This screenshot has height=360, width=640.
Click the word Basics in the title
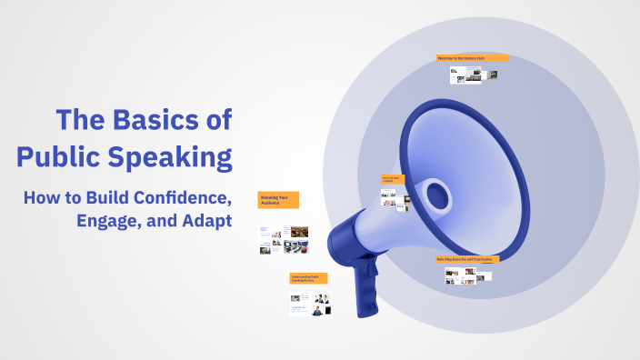tap(151, 120)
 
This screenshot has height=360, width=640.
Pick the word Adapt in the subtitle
tap(205, 222)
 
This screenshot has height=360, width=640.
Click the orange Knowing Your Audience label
tap(278, 200)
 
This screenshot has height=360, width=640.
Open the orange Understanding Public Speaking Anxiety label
tap(309, 278)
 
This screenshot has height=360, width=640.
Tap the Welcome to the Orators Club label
tap(472, 58)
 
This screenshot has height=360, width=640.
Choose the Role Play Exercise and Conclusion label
tap(467, 259)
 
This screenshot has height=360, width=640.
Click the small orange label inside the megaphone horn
tap(392, 180)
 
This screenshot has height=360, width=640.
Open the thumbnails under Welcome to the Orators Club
tap(473, 75)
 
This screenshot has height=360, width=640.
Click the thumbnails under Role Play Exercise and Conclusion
tap(467, 275)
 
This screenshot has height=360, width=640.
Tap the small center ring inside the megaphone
tap(437, 194)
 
